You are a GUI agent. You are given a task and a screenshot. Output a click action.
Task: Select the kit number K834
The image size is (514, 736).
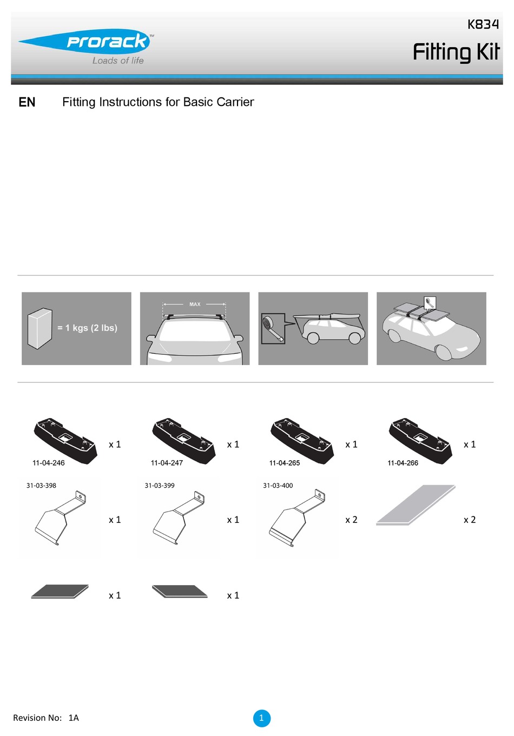tap(483, 24)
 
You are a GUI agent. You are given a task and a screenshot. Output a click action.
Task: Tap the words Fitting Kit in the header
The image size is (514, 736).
tap(456, 52)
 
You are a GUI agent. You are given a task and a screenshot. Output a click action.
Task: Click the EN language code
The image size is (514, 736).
tap(27, 102)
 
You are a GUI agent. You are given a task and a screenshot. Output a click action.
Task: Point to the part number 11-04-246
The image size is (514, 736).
tap(49, 463)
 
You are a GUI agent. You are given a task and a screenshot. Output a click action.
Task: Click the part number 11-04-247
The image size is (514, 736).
tap(167, 463)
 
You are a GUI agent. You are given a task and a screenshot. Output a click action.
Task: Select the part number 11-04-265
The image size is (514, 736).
tap(285, 463)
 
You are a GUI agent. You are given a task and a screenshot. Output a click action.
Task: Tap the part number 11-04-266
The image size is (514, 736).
tap(403, 463)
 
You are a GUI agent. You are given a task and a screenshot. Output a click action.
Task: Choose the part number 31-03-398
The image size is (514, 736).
tap(41, 486)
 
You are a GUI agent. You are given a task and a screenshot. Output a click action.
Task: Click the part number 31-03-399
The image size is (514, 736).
tap(160, 486)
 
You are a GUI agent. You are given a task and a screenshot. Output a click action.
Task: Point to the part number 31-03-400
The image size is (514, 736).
tap(278, 486)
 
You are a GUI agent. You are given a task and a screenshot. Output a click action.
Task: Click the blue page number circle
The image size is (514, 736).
tap(261, 718)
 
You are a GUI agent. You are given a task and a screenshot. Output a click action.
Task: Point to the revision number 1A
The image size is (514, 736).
tap(74, 718)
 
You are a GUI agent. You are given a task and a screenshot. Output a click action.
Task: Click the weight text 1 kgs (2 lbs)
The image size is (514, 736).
tap(87, 328)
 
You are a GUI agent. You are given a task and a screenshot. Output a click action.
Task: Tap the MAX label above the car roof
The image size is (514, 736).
tap(195, 304)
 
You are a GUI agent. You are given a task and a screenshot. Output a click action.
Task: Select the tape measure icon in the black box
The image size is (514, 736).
tap(273, 329)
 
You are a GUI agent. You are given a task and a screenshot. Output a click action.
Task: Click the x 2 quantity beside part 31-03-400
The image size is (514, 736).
tap(351, 520)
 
